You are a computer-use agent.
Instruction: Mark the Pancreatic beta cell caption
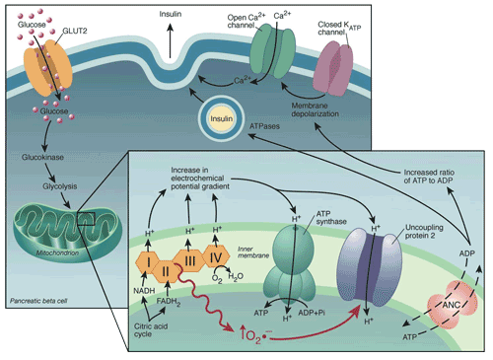[37, 296]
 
